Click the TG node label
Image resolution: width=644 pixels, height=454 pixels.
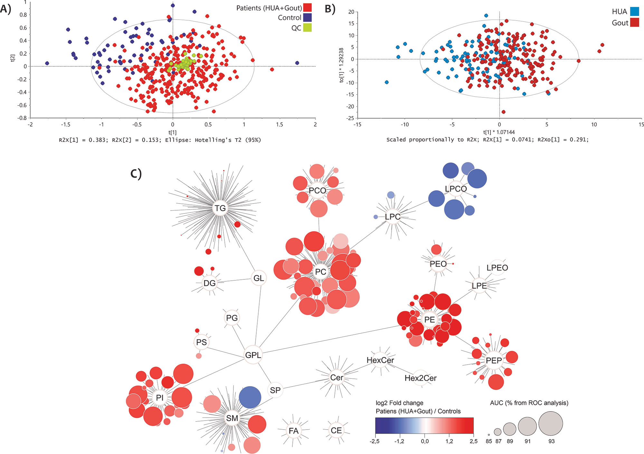[x=220, y=208]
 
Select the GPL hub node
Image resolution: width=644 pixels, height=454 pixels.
[x=253, y=355]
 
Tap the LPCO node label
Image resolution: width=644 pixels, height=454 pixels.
[x=456, y=189]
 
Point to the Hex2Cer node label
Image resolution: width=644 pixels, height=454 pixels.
[x=421, y=378]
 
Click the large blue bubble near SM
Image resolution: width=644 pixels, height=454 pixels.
[x=250, y=397]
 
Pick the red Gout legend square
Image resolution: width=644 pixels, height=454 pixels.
[x=634, y=23]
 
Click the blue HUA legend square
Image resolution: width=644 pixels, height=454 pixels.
[x=634, y=12]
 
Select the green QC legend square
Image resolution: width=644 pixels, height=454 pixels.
[x=307, y=28]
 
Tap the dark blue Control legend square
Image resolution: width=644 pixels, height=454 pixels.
[x=307, y=17]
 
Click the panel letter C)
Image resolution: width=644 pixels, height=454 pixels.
[x=136, y=174]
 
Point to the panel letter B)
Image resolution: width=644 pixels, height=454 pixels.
[x=330, y=9]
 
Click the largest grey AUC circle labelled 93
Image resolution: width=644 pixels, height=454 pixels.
[x=551, y=423]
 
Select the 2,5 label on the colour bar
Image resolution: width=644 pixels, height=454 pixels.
[x=473, y=441]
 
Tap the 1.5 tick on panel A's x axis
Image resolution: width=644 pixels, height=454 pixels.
[x=279, y=124]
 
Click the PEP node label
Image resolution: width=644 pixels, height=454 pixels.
[x=494, y=360]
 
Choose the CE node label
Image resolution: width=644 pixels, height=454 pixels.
[x=336, y=430]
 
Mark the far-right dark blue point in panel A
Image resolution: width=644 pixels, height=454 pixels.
[x=297, y=63]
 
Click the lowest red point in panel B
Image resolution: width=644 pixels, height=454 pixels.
[x=503, y=112]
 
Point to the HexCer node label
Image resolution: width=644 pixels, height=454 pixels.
[x=380, y=360]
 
